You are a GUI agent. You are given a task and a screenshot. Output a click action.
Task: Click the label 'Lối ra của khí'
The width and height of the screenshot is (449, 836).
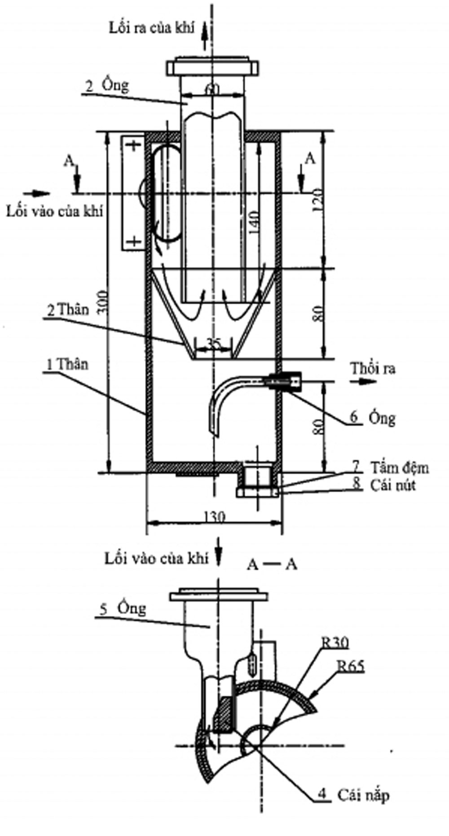tap(152, 27)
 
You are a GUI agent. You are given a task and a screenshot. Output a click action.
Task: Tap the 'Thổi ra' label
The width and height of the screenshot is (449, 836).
tap(373, 369)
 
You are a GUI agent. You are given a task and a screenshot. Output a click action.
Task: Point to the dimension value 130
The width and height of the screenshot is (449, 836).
tap(214, 517)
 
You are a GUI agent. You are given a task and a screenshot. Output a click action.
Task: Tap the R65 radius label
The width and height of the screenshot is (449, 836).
tap(350, 666)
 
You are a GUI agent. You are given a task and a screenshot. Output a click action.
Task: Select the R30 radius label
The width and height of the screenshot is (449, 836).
tap(334, 643)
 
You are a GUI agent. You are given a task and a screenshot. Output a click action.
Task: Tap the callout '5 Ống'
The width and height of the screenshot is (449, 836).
tap(123, 609)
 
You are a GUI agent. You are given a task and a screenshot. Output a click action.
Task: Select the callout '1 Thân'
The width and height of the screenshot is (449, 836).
tap(66, 364)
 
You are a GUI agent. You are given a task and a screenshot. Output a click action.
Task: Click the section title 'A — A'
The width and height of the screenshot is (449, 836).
tap(272, 565)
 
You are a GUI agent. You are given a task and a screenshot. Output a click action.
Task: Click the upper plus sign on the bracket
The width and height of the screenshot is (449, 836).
tap(133, 146)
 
